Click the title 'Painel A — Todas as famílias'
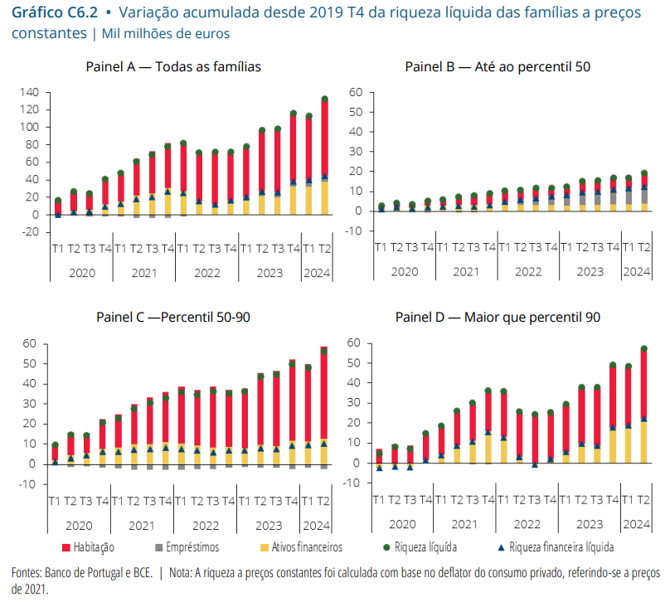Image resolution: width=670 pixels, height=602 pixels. [173, 66]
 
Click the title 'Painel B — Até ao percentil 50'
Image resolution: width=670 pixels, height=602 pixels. [498, 66]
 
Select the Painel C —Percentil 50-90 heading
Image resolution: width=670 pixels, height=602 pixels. [172, 317]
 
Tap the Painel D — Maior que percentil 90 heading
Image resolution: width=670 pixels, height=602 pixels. [498, 317]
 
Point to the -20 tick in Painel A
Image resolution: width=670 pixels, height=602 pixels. [32, 231]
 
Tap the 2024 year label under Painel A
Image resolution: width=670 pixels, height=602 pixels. [316, 271]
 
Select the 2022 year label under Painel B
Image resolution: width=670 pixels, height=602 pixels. [528, 271]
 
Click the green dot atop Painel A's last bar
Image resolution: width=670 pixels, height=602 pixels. [324, 100]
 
